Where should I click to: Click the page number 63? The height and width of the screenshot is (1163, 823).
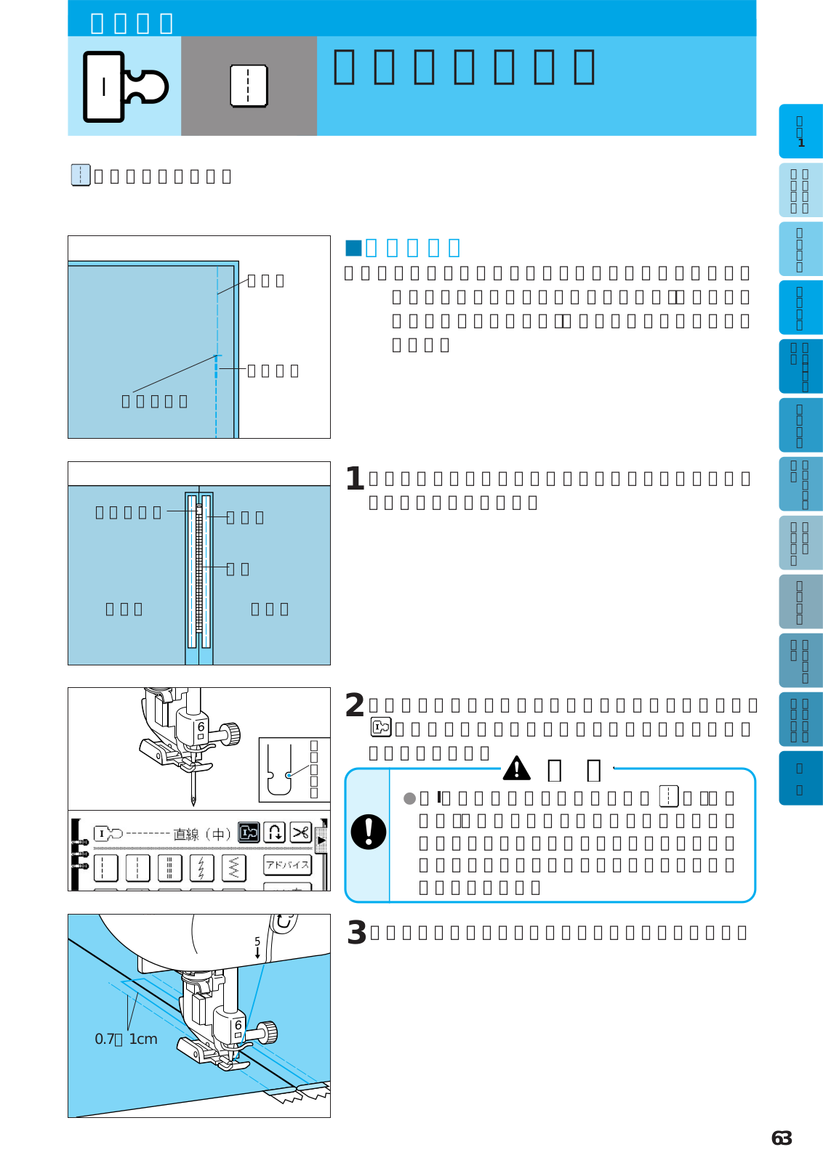(x=782, y=1138)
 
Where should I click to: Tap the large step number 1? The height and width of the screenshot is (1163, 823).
(x=355, y=479)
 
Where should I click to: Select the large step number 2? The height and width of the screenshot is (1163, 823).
(x=355, y=705)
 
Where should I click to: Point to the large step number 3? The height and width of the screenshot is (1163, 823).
(x=356, y=933)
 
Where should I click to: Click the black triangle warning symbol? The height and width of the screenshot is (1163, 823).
(x=517, y=768)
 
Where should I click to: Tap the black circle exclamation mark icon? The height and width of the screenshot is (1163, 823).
(x=369, y=832)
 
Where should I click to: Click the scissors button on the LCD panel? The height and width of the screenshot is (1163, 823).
(x=300, y=832)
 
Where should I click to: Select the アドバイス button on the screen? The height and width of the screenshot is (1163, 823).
(x=287, y=864)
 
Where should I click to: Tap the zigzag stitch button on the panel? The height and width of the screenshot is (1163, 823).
(x=233, y=867)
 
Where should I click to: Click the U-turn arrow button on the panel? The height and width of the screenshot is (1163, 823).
(x=275, y=832)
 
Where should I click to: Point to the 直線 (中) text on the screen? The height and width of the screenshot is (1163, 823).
(x=201, y=835)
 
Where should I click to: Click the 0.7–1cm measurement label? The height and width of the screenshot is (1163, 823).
(x=126, y=1040)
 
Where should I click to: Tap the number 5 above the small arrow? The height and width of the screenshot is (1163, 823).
(x=257, y=941)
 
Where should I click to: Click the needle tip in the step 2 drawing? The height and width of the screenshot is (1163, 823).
(x=193, y=803)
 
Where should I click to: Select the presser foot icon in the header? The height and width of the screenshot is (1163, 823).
(x=125, y=86)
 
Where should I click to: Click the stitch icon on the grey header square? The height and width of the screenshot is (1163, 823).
(x=249, y=86)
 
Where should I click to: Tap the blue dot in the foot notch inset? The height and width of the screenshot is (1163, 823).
(x=289, y=775)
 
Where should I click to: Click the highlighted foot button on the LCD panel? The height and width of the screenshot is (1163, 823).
(x=249, y=832)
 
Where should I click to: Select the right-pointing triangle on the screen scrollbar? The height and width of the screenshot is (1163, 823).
(x=321, y=840)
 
